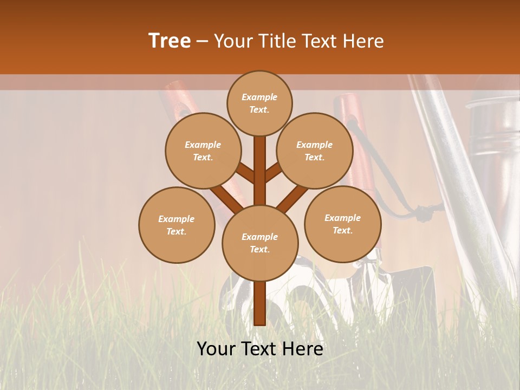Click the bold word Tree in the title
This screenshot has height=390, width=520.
170,41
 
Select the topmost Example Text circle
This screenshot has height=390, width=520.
259,103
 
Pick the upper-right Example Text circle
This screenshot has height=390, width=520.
315,151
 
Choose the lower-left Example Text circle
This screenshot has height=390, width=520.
177,225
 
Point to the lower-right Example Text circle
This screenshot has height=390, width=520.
343,224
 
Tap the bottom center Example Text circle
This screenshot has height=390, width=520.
260,243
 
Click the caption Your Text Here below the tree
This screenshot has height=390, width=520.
260,349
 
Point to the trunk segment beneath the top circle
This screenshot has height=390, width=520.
259,162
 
